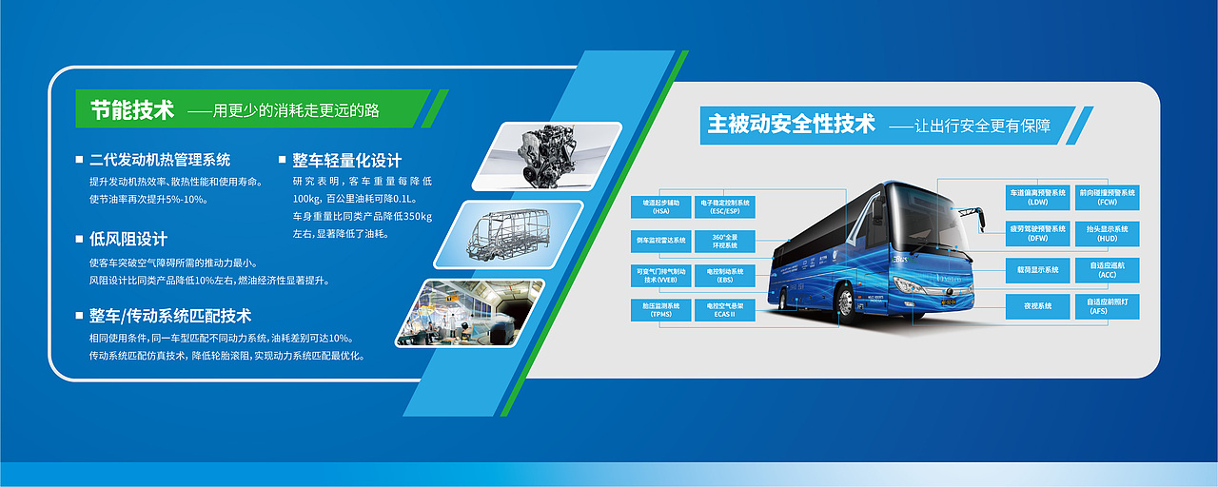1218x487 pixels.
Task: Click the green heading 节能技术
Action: (x=132, y=110)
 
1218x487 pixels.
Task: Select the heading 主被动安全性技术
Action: (x=791, y=124)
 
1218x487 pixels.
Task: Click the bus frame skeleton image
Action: (x=508, y=233)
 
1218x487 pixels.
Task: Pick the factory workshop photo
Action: (x=470, y=312)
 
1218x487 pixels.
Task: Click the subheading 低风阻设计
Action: (x=128, y=239)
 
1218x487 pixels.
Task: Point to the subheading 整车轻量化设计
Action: (x=346, y=161)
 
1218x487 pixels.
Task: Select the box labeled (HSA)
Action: (x=660, y=206)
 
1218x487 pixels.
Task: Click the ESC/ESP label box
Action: (x=725, y=206)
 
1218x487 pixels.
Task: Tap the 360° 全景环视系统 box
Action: (x=725, y=240)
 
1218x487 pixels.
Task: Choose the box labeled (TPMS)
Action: (x=660, y=309)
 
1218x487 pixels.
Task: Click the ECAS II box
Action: (x=725, y=309)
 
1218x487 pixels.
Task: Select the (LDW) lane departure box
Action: (x=1037, y=197)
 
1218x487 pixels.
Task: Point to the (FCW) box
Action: (x=1107, y=197)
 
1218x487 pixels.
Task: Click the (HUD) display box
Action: (x=1107, y=233)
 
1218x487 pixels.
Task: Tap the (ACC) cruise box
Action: (x=1107, y=270)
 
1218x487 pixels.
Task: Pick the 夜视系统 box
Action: (x=1037, y=306)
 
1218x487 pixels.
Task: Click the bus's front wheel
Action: (x=844, y=302)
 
